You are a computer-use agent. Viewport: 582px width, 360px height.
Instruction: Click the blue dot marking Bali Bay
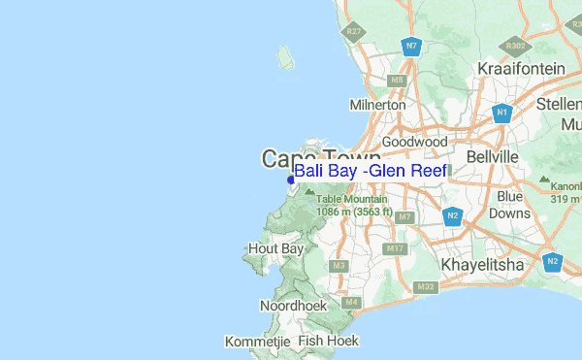[291, 179]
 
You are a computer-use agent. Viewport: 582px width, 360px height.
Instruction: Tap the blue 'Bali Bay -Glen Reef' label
[371, 171]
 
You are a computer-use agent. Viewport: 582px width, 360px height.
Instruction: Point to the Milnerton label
[376, 104]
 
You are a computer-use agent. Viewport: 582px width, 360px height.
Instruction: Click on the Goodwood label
[415, 142]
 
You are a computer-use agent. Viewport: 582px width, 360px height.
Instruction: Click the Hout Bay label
[276, 248]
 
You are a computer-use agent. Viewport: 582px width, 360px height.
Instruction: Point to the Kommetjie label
[258, 342]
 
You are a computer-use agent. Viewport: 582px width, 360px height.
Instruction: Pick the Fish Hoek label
[329, 341]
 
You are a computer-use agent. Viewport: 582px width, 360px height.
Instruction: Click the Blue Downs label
[514, 205]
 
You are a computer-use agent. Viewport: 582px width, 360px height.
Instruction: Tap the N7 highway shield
[412, 46]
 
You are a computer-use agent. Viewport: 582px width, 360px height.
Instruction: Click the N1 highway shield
[501, 114]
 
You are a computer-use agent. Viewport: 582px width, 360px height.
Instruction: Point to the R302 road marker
[516, 45]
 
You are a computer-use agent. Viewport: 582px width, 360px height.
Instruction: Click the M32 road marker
[425, 286]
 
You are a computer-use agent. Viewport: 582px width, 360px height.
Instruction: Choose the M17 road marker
[395, 249]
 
